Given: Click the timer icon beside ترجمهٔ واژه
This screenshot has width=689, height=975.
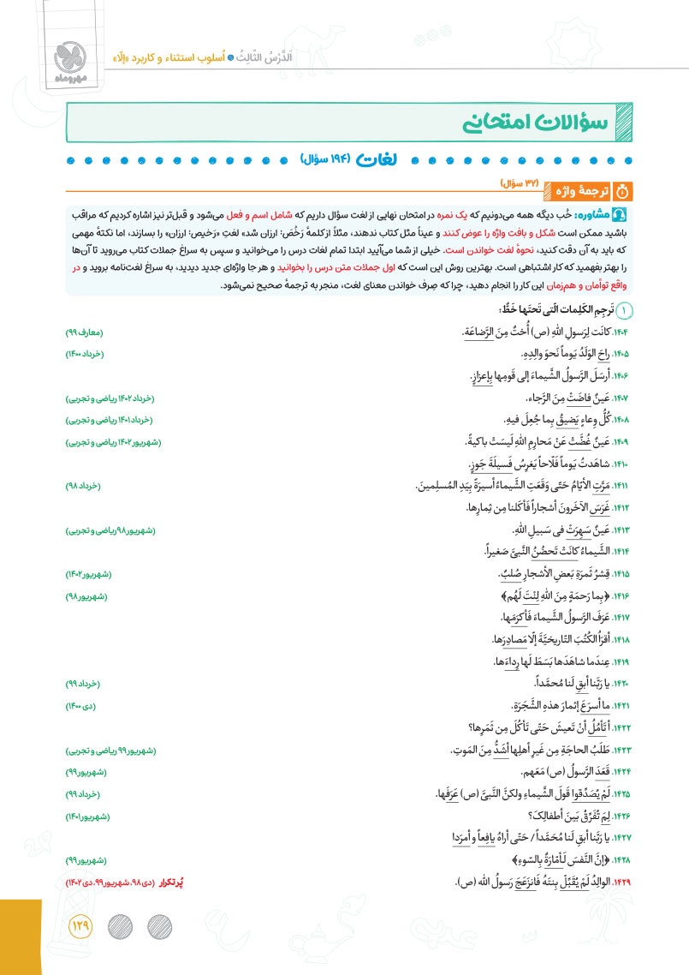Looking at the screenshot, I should pos(623,188).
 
